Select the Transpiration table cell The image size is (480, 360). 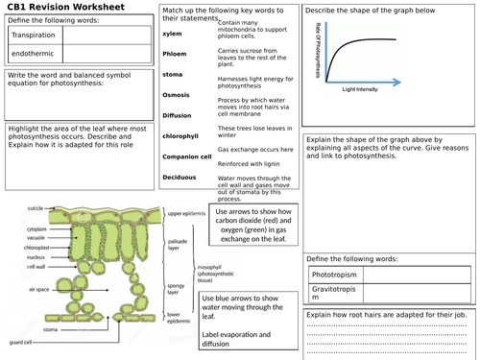[34, 36]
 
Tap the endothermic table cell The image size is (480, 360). [33, 56]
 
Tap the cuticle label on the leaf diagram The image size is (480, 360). [36, 208]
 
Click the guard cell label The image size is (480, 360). [21, 343]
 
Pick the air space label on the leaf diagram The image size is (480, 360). [39, 288]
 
